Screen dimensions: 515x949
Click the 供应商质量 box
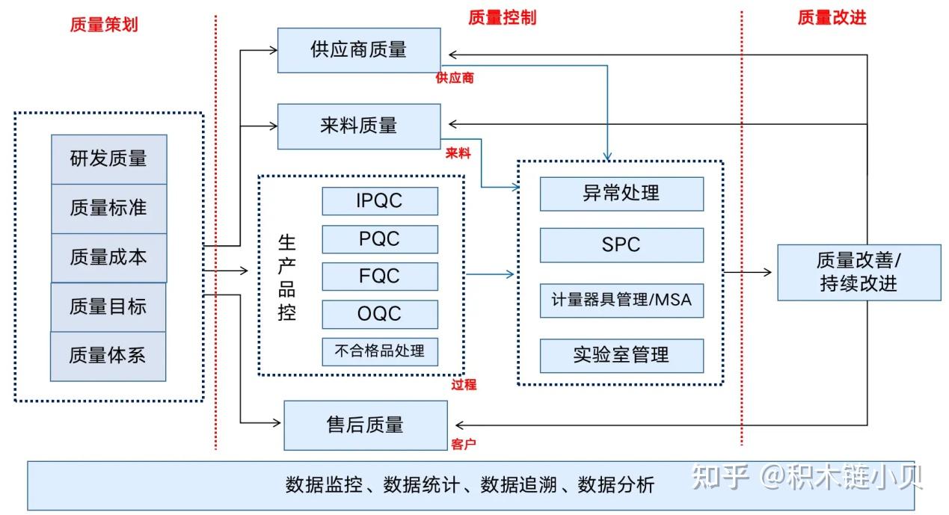point(358,50)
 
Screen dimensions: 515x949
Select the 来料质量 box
point(358,126)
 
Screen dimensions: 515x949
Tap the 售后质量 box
point(365,425)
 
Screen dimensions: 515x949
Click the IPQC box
point(379,201)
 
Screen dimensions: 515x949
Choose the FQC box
point(379,276)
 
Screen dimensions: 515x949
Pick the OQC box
point(379,314)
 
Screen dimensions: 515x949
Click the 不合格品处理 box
point(379,351)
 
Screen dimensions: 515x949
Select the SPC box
point(621,245)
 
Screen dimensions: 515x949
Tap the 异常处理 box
point(621,194)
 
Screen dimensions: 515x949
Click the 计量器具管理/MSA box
point(621,300)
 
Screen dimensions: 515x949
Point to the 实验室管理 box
point(621,355)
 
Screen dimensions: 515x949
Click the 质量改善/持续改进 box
point(859,272)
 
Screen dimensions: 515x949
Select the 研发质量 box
point(108,158)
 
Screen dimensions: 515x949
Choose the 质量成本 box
point(108,258)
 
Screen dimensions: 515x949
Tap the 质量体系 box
point(108,356)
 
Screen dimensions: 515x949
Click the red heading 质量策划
point(104,25)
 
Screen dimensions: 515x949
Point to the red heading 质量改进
point(832,18)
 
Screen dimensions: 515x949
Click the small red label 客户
point(464,445)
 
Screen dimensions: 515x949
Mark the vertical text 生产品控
point(287,277)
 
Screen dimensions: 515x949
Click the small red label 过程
point(464,385)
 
